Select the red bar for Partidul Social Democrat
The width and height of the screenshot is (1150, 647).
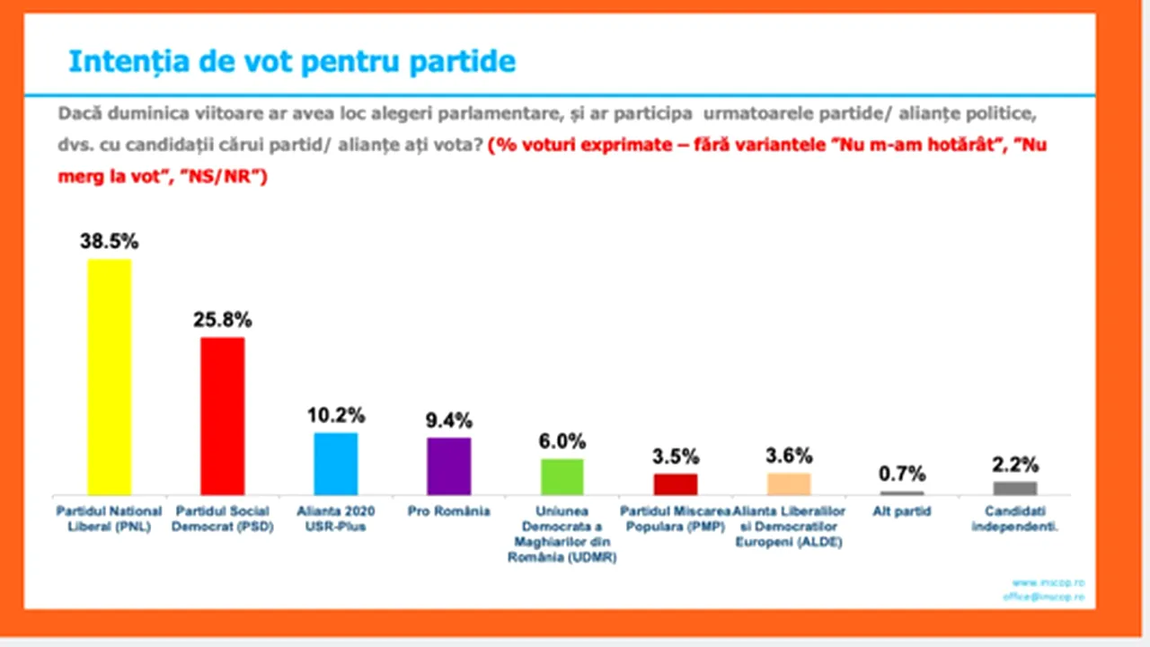pyautogui.click(x=222, y=415)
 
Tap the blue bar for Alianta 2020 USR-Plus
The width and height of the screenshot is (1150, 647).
pyautogui.click(x=335, y=463)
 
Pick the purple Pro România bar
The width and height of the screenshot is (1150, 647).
pyautogui.click(x=448, y=465)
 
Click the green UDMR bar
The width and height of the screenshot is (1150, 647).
pyautogui.click(x=562, y=476)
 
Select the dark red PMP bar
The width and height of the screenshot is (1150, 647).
pyautogui.click(x=676, y=483)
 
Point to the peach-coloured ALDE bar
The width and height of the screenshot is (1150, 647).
pyautogui.click(x=789, y=483)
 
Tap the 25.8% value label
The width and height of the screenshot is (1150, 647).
pyautogui.click(x=222, y=319)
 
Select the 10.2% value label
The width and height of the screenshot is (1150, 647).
pyautogui.click(x=335, y=415)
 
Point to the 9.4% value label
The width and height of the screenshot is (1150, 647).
pyautogui.click(x=448, y=420)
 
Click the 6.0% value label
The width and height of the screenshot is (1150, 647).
pyautogui.click(x=562, y=441)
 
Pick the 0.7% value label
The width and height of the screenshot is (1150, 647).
pyautogui.click(x=901, y=474)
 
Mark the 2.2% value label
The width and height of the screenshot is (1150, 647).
pyautogui.click(x=1015, y=465)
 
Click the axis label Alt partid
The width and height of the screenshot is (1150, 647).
pyautogui.click(x=901, y=511)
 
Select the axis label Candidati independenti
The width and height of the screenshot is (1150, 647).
pyautogui.click(x=1015, y=518)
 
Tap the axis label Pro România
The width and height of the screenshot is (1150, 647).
pyautogui.click(x=448, y=511)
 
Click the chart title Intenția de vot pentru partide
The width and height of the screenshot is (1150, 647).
pyautogui.click(x=292, y=62)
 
